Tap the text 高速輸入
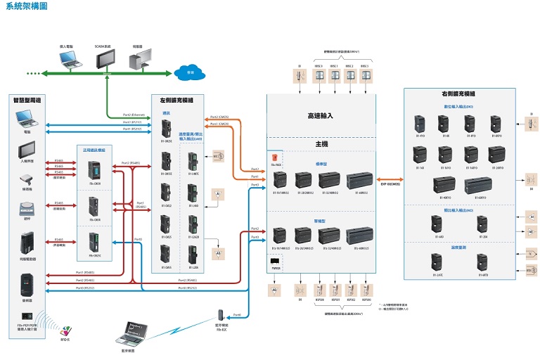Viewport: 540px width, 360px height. (x=320, y=115)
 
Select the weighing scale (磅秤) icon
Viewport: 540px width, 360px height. (x=27, y=209)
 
